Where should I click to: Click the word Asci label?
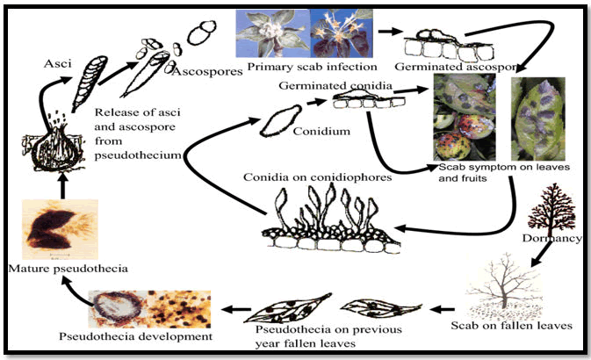(60, 63)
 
